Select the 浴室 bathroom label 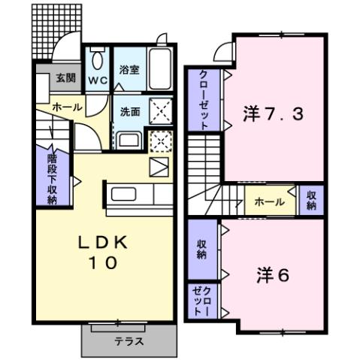tap(129, 70)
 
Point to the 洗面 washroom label tap(130, 112)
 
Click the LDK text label tap(105, 243)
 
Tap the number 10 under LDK tap(104, 263)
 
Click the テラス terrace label tap(129, 340)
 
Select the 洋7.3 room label tap(274, 115)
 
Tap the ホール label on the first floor tap(67, 108)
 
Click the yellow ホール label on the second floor tap(269, 201)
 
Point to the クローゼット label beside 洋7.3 tap(204, 100)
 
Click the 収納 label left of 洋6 tap(201, 249)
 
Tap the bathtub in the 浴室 tap(159, 69)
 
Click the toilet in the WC tap(98, 61)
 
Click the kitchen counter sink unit tap(132, 194)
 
